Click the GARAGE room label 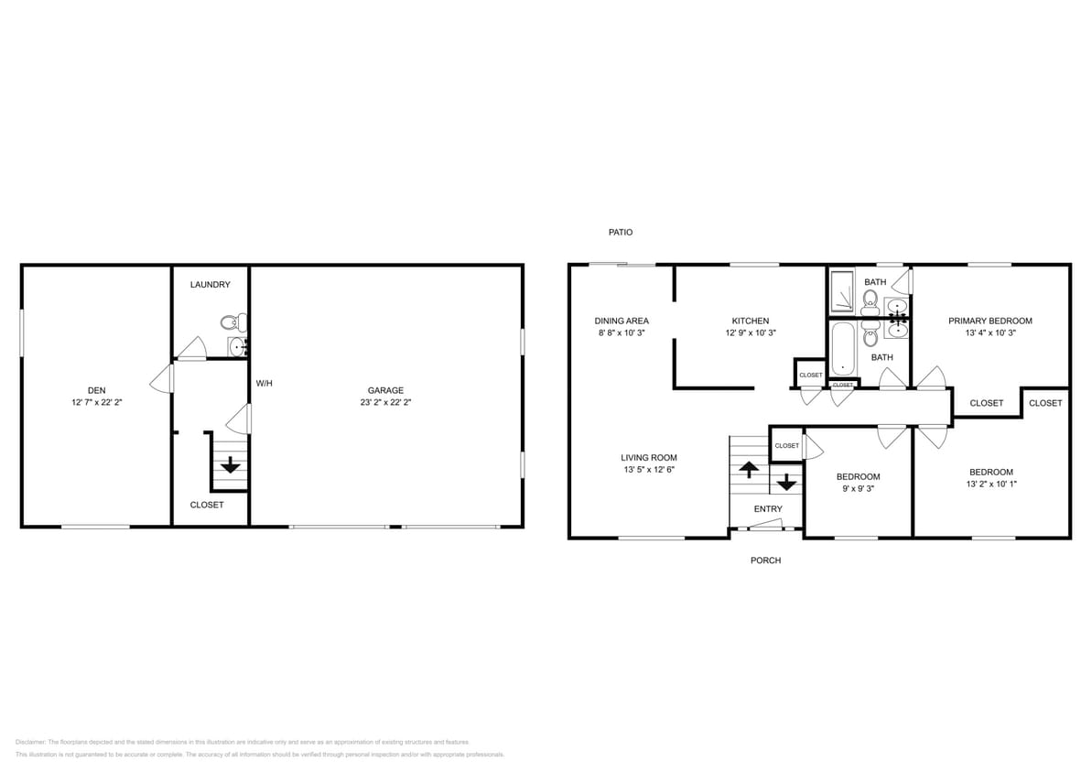[385, 390]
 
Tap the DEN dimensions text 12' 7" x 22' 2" [96, 402]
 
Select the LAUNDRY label [210, 285]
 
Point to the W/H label [264, 383]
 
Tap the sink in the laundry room [237, 346]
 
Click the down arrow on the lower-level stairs [230, 464]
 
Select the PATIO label [620, 233]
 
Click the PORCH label [765, 561]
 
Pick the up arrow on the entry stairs [748, 469]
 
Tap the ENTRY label [768, 509]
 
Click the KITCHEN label [750, 321]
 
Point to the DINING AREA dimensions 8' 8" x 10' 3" [622, 333]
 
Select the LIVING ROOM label [648, 458]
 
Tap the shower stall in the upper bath [842, 290]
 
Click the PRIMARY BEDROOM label [989, 321]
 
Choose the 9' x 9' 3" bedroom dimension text [858, 489]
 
